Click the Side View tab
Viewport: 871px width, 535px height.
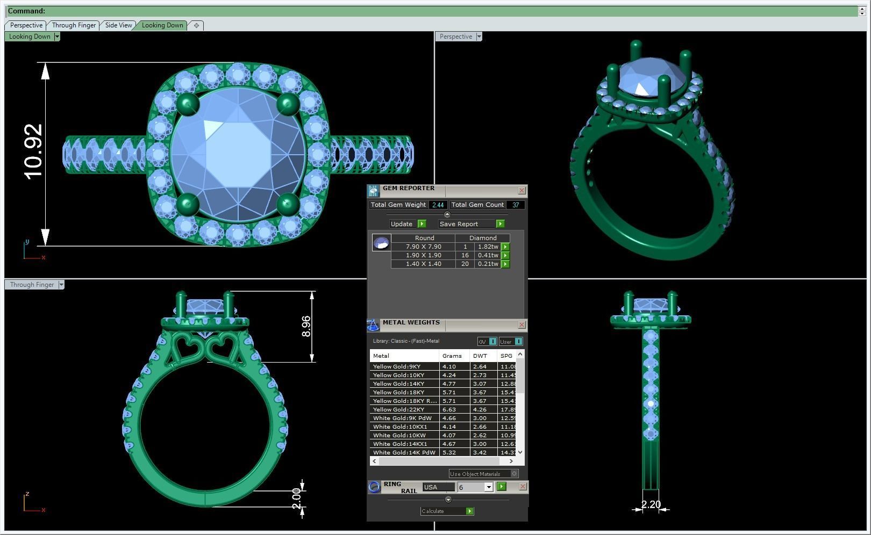118,25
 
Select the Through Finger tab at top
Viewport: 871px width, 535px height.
74,25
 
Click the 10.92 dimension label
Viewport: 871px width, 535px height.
33,151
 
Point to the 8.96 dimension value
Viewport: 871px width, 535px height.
306,326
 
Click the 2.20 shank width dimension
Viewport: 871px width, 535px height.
651,504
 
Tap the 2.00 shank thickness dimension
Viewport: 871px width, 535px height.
296,499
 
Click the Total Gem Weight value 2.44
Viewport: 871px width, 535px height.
438,205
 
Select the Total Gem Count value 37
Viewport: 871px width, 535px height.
515,205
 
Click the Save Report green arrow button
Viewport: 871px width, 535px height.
500,224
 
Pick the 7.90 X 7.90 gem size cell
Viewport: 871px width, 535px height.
423,247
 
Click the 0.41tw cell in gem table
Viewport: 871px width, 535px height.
488,255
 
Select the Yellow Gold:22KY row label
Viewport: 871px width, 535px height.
398,409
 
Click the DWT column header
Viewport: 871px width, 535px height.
480,356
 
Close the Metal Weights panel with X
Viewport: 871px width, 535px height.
522,325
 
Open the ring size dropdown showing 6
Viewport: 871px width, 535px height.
488,487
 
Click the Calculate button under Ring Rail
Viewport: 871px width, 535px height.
446,511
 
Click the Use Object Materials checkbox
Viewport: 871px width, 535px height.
514,474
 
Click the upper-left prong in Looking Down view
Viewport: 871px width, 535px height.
187,104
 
